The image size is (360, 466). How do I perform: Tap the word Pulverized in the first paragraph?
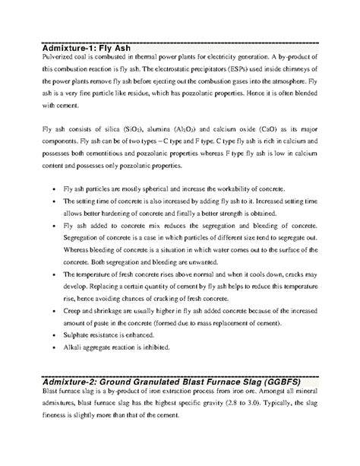59,60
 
